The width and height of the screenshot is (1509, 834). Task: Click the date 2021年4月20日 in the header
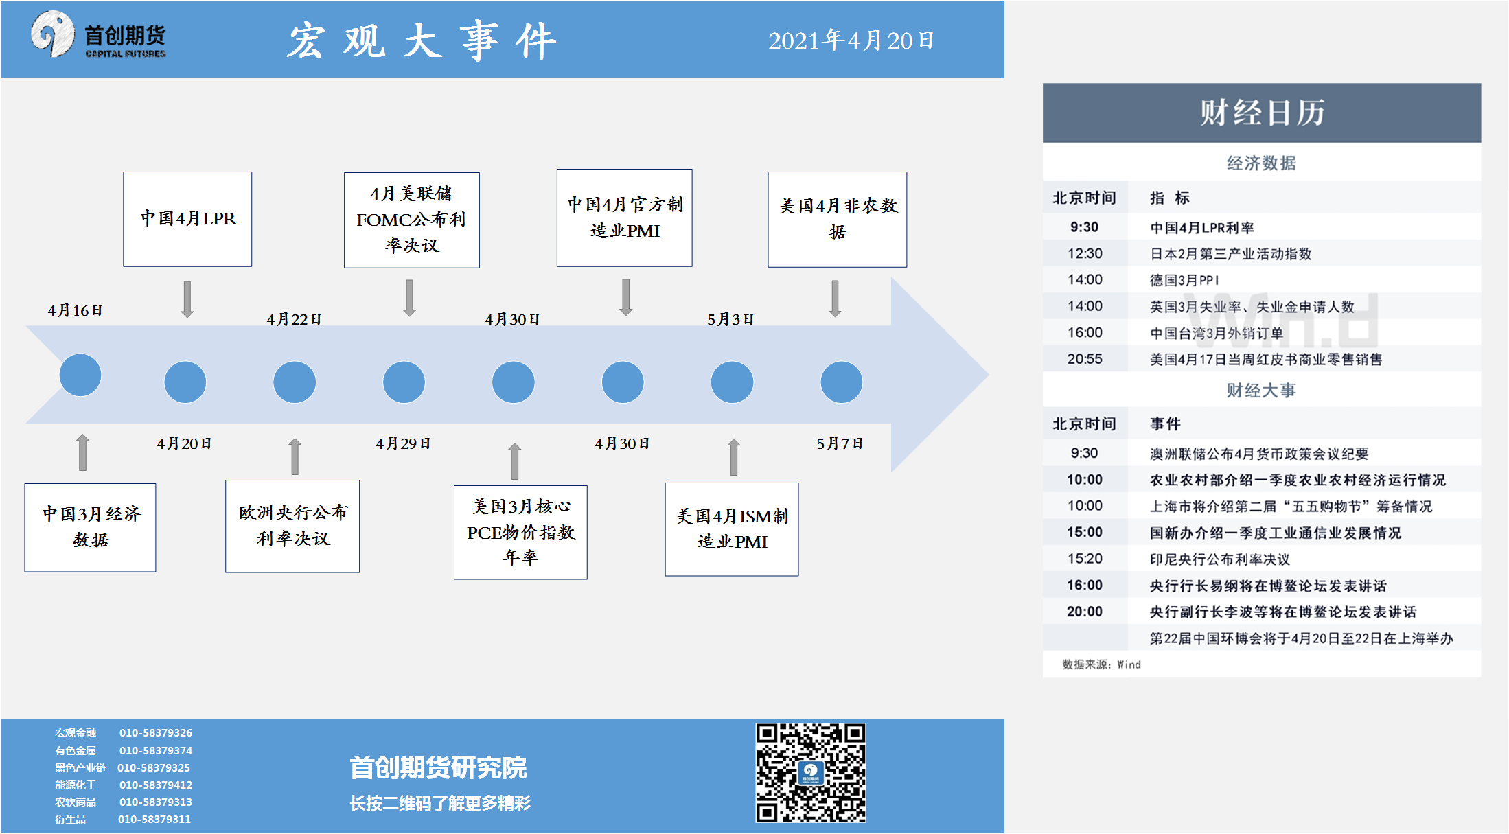tap(851, 40)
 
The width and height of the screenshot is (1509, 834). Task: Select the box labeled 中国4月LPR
tap(187, 219)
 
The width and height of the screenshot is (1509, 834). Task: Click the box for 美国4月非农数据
tap(837, 219)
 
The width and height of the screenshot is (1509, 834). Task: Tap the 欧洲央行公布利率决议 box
tap(292, 526)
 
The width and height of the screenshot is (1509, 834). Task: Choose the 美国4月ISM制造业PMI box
tap(732, 529)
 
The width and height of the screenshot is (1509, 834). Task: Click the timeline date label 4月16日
tap(75, 310)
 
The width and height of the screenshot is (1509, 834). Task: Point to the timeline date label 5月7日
tap(839, 443)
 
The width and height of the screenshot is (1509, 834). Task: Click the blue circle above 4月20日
tap(185, 382)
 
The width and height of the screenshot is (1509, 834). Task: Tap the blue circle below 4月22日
tap(295, 382)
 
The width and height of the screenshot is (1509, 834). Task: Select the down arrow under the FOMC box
tap(410, 297)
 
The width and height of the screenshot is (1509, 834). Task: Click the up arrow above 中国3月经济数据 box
tap(82, 452)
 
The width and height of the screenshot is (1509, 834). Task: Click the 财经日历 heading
tap(1261, 113)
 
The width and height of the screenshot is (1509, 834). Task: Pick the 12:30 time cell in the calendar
tap(1085, 253)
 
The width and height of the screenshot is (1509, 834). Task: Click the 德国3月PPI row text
tap(1184, 280)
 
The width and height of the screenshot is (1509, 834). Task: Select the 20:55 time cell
tap(1085, 359)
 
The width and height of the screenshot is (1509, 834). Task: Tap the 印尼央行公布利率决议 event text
tap(1219, 559)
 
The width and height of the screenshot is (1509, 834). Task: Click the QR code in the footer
tap(811, 772)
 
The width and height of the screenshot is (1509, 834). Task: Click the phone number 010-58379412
tap(156, 785)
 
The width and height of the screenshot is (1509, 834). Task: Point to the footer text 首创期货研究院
tap(438, 767)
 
